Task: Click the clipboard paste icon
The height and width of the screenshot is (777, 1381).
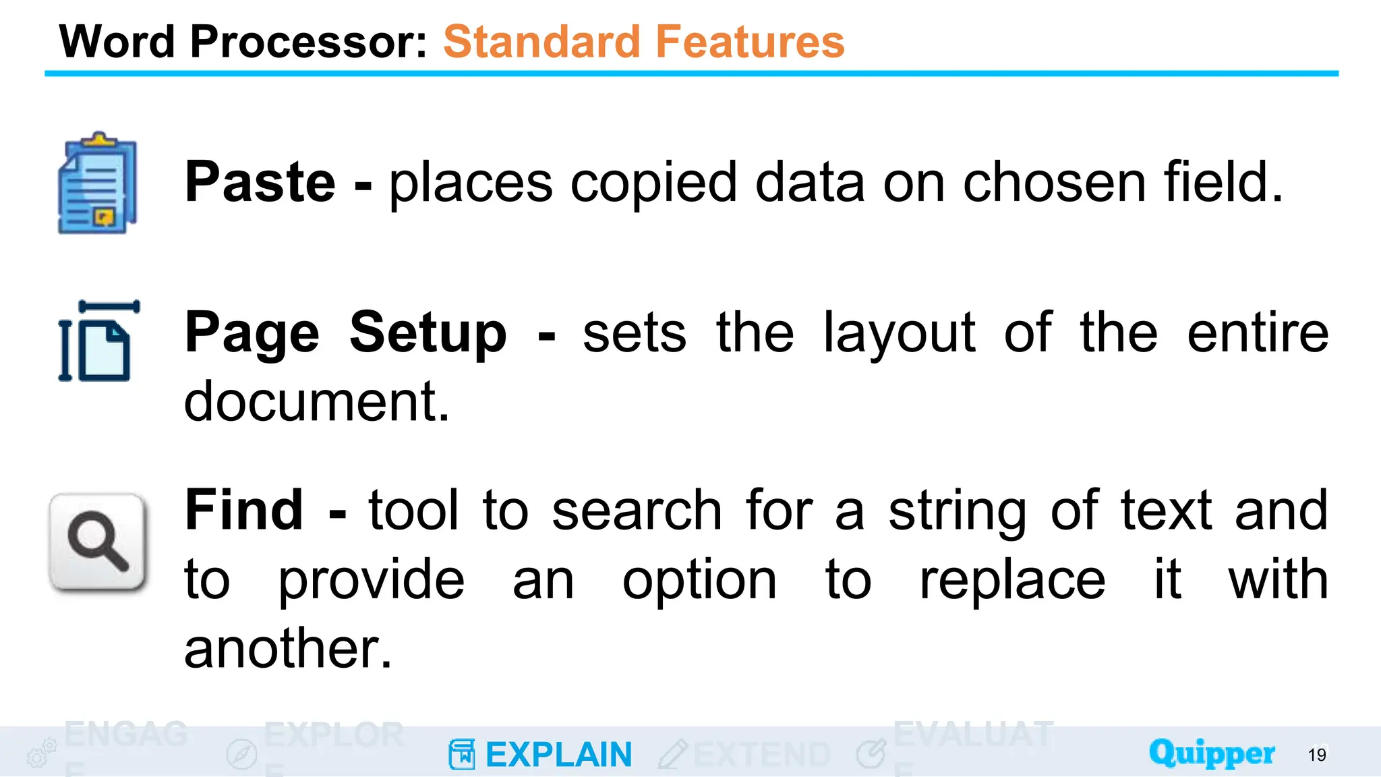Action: tap(98, 183)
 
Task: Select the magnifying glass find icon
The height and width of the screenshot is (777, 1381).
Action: tap(98, 542)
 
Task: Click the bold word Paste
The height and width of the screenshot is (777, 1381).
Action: tap(260, 182)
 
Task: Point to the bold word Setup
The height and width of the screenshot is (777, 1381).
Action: tap(428, 333)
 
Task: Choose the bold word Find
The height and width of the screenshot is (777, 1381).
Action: tap(244, 511)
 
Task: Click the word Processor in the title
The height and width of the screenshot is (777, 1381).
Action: tap(308, 42)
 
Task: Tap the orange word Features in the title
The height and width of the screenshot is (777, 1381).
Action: tap(749, 42)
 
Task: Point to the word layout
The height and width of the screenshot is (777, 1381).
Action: tap(899, 333)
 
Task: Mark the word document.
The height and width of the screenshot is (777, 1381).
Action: tap(316, 402)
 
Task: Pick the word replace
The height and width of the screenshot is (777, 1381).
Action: tap(1012, 581)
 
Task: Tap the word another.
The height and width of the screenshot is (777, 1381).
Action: tap(287, 650)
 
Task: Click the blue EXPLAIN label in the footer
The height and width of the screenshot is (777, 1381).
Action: tap(558, 755)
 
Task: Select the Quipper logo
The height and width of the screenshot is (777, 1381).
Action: tap(1211, 753)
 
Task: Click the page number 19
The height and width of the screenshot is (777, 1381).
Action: tap(1316, 755)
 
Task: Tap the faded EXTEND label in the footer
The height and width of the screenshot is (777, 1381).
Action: tap(761, 755)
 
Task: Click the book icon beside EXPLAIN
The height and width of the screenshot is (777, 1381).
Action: tap(462, 754)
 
